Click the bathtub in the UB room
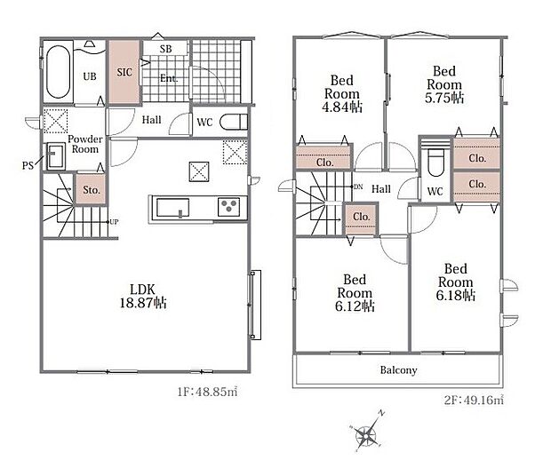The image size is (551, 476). (59, 72)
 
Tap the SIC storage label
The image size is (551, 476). (124, 72)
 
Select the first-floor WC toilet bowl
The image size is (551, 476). (234, 123)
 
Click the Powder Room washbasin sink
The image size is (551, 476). (55, 155)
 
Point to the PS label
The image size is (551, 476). (28, 165)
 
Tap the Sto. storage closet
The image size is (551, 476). (92, 189)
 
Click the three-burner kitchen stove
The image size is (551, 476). (228, 205)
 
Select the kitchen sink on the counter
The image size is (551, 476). (173, 208)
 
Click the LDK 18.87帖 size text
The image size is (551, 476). (143, 303)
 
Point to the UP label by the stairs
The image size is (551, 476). (114, 222)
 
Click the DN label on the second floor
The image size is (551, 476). (358, 187)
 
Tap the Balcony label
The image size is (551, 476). (398, 370)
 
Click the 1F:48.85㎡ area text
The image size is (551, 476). (207, 392)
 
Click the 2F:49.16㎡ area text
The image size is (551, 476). (474, 400)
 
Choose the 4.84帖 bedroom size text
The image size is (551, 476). (342, 107)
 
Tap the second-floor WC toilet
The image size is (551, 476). (435, 162)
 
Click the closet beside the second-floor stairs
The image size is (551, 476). (361, 218)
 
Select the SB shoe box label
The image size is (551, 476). (165, 49)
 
